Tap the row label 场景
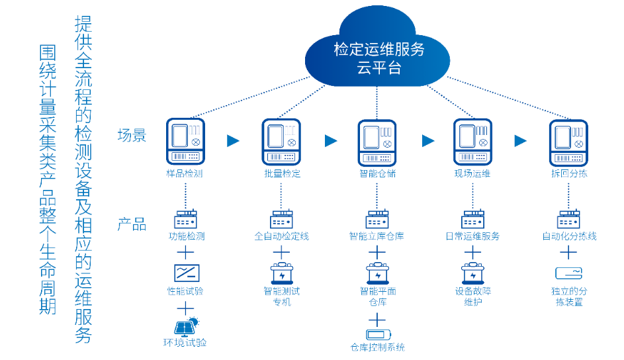(x=132, y=136)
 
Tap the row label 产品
(x=132, y=224)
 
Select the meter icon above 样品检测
(x=185, y=141)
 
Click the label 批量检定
(x=281, y=173)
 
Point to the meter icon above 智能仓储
(x=377, y=142)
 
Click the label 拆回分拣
(x=568, y=173)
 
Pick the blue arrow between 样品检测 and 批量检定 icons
(x=233, y=140)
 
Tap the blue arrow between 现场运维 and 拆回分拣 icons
(x=521, y=140)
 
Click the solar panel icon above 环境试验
(x=185, y=327)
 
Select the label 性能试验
(x=185, y=291)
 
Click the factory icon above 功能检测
(x=185, y=219)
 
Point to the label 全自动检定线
(x=281, y=236)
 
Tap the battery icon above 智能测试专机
(x=281, y=273)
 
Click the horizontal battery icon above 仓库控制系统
(x=377, y=333)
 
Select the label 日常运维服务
(x=472, y=236)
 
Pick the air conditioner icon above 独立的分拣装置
(x=568, y=273)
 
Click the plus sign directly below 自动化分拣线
(x=568, y=253)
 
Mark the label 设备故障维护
(x=472, y=296)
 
